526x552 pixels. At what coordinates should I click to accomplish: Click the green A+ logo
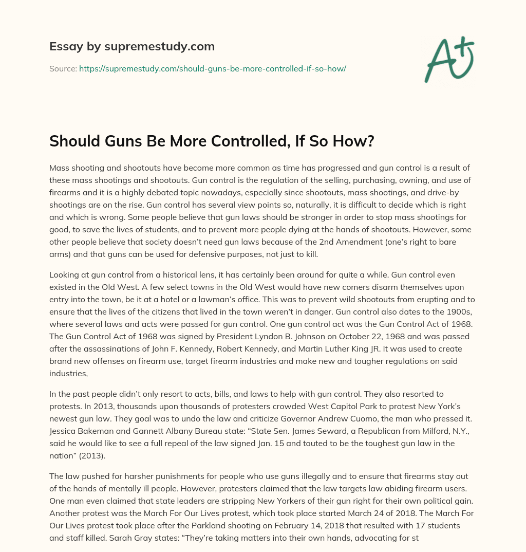pos(448,60)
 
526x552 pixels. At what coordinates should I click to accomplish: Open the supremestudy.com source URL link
pos(213,68)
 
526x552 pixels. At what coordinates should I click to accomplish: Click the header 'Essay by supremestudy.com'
pos(132,47)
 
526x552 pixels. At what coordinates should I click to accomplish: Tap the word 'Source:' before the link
pos(63,68)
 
